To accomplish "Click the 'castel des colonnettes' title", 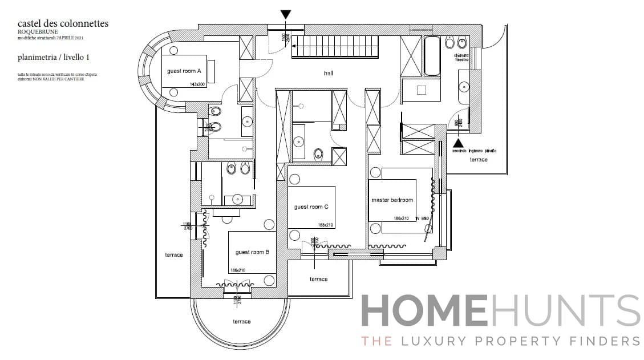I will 63,23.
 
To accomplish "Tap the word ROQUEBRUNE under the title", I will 38,31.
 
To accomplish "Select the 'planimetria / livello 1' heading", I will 53,57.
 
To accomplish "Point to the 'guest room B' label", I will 252,252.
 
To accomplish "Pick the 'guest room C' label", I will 311,207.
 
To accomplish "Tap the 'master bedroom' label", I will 391,200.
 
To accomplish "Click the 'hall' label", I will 328,73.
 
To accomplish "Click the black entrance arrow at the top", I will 286,15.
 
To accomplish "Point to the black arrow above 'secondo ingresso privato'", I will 458,143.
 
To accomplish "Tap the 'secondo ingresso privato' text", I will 474,151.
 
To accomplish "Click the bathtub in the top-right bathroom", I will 432,56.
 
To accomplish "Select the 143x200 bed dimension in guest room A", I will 197,84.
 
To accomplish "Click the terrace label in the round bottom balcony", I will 241,322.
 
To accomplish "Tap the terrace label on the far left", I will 174,254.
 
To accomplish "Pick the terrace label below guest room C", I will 319,279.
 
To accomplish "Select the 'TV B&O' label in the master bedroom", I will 422,219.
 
